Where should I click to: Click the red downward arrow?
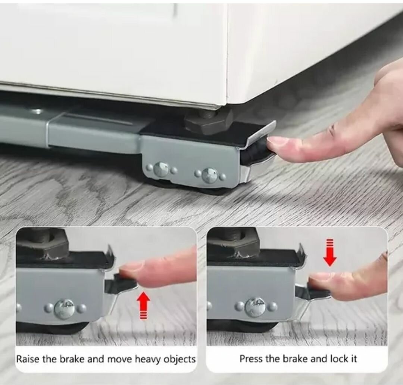pos(330,253)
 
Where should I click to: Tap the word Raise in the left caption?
pos(28,359)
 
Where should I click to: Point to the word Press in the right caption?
pos(251,359)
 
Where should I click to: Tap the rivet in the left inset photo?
pos(65,309)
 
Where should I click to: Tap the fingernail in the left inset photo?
pos(130,268)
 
